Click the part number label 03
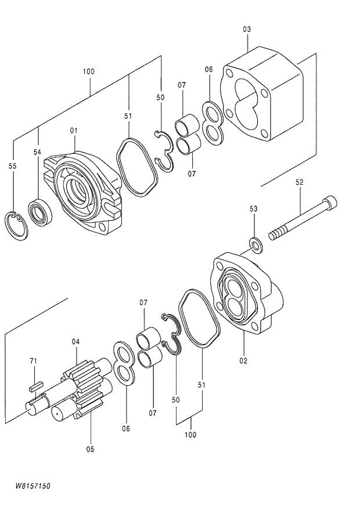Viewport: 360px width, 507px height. (247, 29)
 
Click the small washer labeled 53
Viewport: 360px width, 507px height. (255, 244)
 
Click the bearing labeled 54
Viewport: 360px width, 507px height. (41, 211)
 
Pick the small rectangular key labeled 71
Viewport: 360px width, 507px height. (36, 383)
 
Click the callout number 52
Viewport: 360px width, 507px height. (300, 182)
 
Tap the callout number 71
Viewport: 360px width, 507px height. (33, 361)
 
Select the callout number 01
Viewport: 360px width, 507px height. (74, 131)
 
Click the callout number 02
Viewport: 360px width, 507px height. (243, 361)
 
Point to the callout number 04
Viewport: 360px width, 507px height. (75, 341)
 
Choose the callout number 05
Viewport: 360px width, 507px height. (90, 448)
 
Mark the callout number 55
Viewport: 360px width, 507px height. (12, 166)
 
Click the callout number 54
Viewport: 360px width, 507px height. (37, 152)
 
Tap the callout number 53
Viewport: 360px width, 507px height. (254, 208)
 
